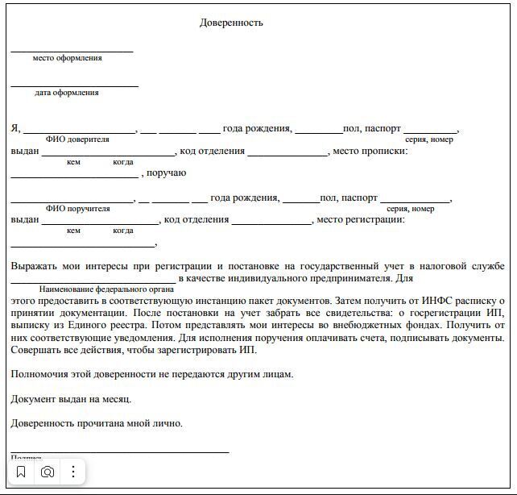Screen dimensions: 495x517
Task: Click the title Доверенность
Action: click(x=231, y=23)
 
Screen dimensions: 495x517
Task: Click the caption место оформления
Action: click(x=67, y=58)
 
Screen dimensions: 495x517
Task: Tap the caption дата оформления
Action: click(x=67, y=93)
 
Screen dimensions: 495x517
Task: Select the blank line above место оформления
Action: click(x=72, y=52)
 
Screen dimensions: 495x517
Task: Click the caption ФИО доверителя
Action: click(x=77, y=139)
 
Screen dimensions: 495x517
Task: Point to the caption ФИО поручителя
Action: click(x=77, y=209)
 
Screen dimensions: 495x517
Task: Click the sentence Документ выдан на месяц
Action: click(x=71, y=399)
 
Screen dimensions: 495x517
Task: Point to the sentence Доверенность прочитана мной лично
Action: click(x=97, y=423)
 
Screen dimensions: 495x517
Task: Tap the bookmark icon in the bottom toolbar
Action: click(x=22, y=472)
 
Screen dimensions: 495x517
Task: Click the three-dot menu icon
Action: click(x=73, y=472)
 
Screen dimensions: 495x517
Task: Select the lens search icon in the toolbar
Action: click(x=48, y=472)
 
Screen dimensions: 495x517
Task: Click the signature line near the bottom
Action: click(x=121, y=452)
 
